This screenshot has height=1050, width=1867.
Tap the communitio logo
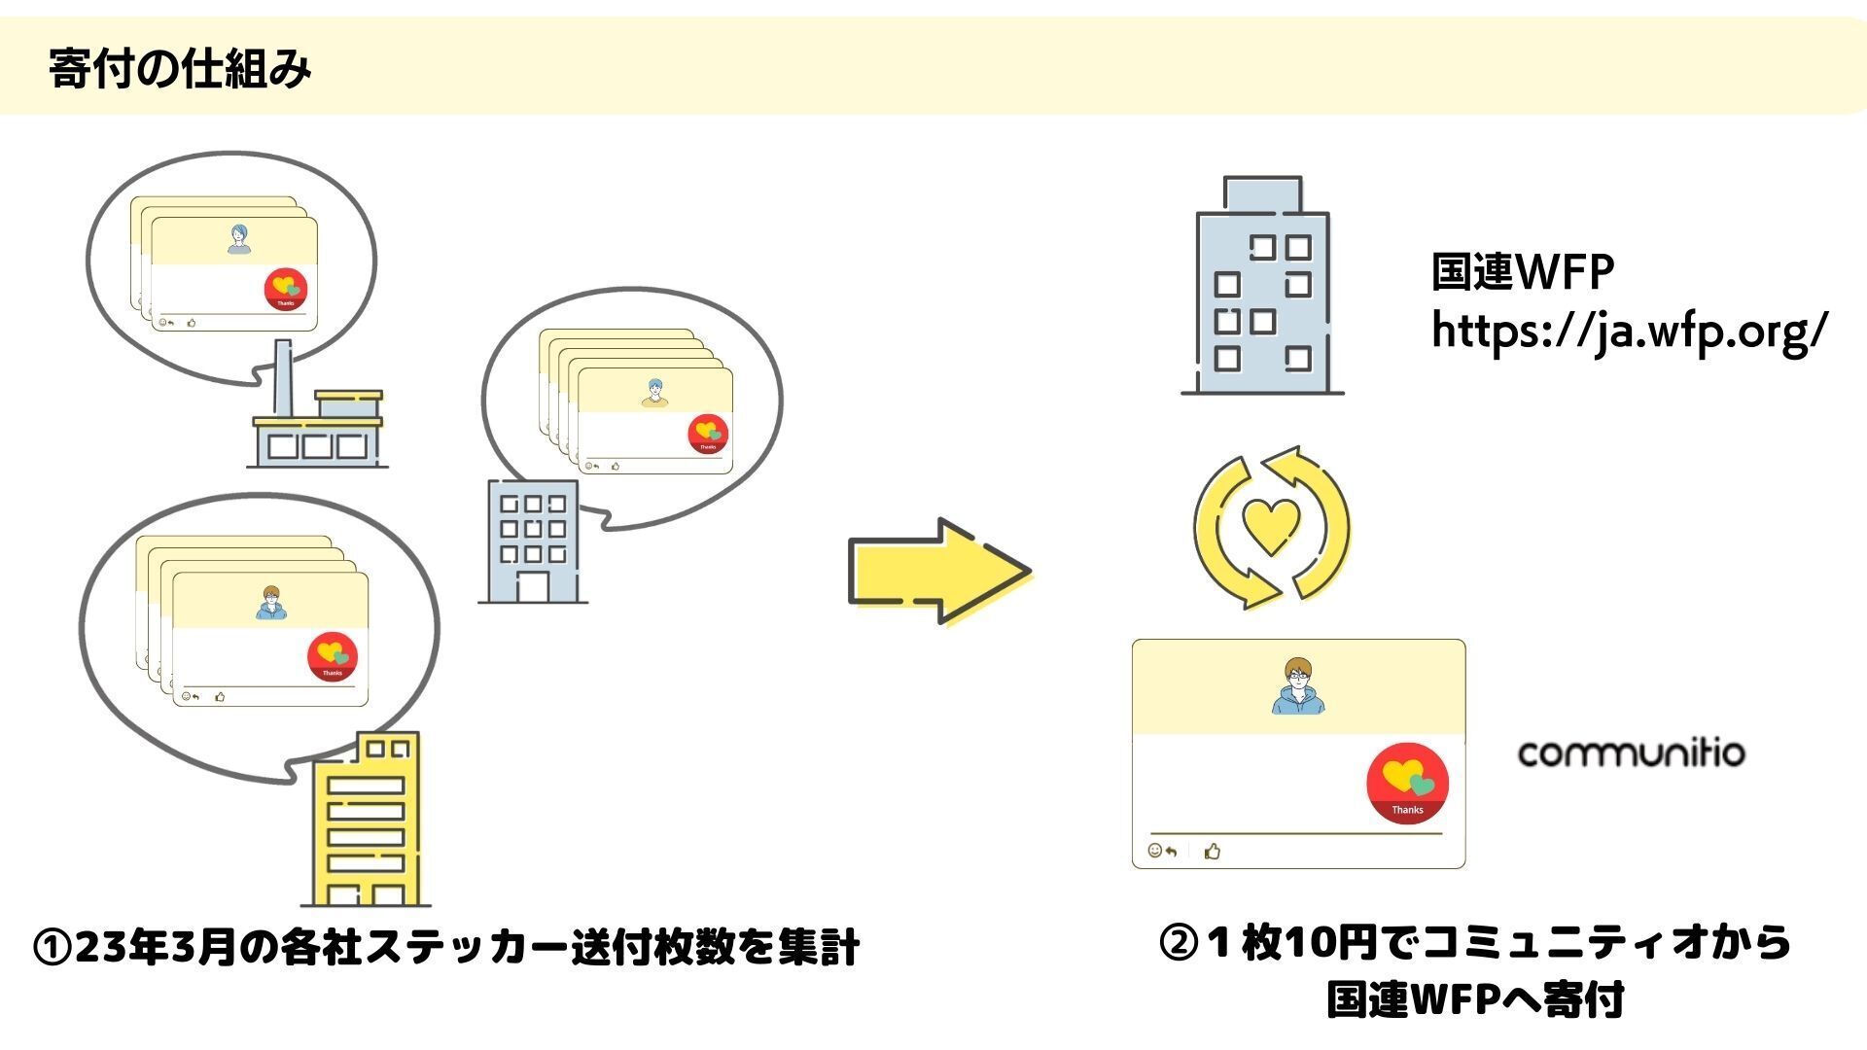point(1631,753)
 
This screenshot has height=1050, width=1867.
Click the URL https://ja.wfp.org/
point(1630,332)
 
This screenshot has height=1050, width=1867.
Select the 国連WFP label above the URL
point(1522,273)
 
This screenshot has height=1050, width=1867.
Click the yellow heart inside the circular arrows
point(1271,526)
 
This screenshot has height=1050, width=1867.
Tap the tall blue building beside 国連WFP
point(1262,292)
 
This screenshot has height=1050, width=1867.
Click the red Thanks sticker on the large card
point(1407,784)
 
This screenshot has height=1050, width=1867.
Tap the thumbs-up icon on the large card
point(1212,852)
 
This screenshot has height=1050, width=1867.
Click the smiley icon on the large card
point(1155,851)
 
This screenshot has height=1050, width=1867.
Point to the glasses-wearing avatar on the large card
point(1298,685)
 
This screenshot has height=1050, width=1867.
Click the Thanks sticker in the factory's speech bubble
point(286,290)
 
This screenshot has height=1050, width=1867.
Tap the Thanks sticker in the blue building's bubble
point(708,434)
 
